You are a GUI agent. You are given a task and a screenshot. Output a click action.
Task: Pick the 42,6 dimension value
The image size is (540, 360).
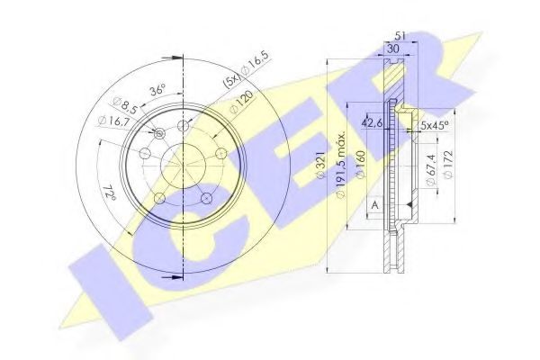[x=370, y=124]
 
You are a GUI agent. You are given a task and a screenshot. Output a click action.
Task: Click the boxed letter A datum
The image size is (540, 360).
[x=373, y=205]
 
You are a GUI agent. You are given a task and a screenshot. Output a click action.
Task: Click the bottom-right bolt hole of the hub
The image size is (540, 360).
[x=205, y=197]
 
